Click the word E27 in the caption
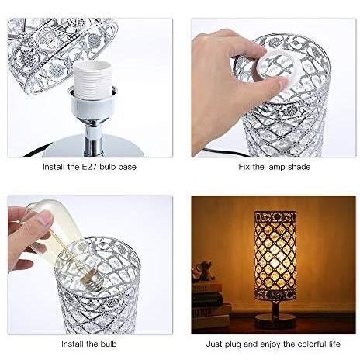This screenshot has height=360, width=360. click(85, 166)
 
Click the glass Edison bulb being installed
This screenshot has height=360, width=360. click(58, 237)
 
